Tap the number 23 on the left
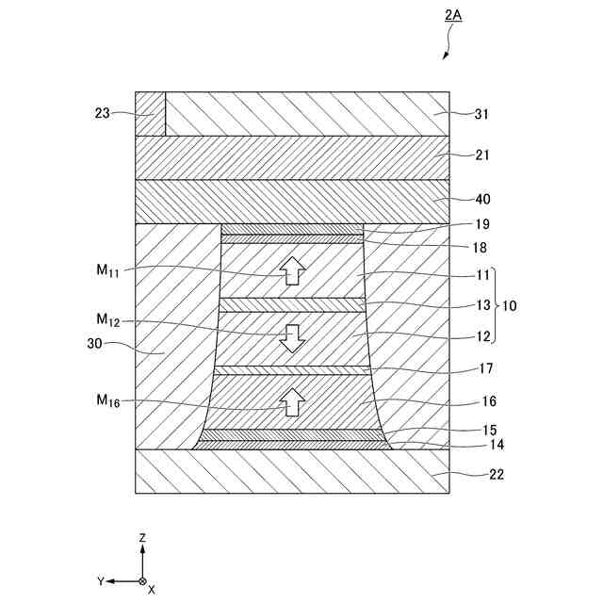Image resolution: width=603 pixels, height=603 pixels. (x=103, y=113)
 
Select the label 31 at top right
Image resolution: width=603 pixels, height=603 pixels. (x=483, y=113)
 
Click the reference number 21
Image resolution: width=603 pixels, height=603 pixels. (x=483, y=155)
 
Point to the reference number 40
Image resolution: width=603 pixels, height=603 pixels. (x=483, y=199)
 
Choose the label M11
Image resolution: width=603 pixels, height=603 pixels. (x=107, y=270)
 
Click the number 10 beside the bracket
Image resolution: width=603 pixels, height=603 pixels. (x=508, y=306)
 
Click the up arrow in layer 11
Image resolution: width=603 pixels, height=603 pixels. (x=292, y=269)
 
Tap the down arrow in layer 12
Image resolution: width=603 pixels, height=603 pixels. (x=292, y=337)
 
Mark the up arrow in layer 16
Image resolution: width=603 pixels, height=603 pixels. (x=292, y=401)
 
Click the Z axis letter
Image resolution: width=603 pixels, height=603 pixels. (x=142, y=537)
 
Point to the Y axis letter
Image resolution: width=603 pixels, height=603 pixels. (x=100, y=581)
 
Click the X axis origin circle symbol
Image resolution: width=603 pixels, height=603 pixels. (x=142, y=581)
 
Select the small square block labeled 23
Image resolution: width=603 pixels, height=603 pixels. (x=151, y=113)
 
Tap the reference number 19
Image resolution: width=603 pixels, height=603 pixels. (x=483, y=225)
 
